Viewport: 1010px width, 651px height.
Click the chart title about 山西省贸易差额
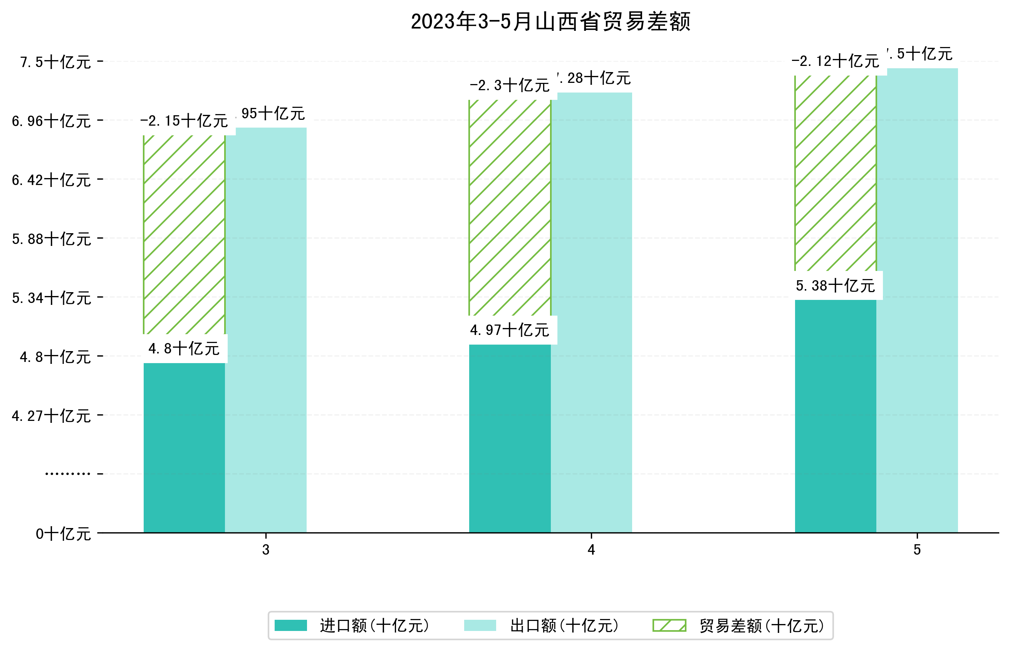(x=550, y=22)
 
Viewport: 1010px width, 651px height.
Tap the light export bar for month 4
(x=591, y=313)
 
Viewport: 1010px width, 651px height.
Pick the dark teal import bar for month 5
(x=835, y=416)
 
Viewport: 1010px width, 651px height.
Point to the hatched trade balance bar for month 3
(x=184, y=235)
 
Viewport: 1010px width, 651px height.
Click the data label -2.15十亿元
(x=184, y=121)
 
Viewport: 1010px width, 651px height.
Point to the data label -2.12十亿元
(x=835, y=62)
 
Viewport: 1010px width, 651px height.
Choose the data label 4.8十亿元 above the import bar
(x=184, y=349)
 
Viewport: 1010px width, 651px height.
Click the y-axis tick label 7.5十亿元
(x=55, y=62)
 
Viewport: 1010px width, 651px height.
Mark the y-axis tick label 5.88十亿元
(x=52, y=239)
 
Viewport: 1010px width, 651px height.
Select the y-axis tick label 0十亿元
(x=63, y=534)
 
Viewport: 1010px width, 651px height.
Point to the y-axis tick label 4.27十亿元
(x=52, y=416)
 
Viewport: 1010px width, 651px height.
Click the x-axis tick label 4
(x=591, y=550)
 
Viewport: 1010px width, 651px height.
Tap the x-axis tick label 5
(x=917, y=550)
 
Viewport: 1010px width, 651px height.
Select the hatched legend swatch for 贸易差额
(x=669, y=625)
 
